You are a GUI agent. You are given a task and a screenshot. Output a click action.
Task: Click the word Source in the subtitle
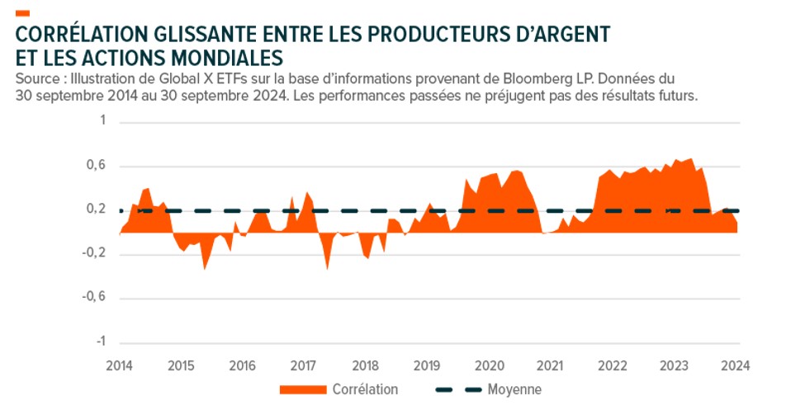click(x=35, y=79)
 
